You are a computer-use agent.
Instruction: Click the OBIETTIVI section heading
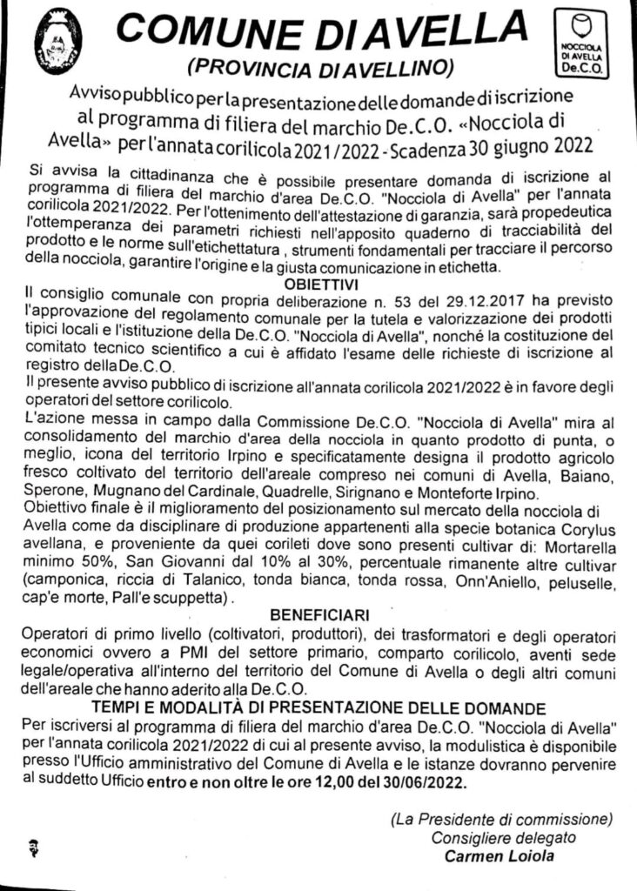(x=320, y=284)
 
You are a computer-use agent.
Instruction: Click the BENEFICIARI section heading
(x=319, y=613)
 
